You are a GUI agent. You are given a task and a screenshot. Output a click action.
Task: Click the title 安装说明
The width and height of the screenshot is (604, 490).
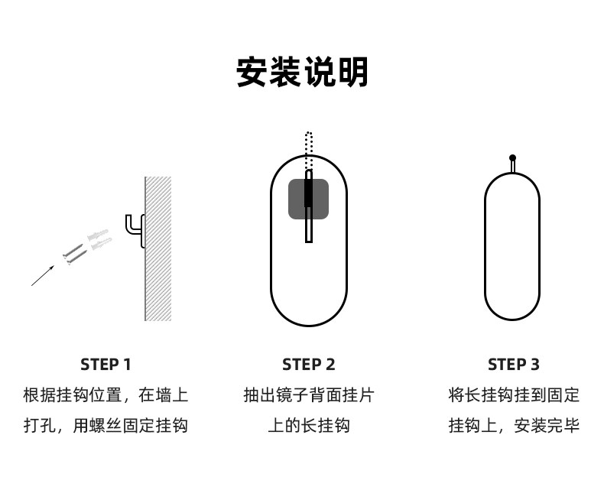(x=302, y=73)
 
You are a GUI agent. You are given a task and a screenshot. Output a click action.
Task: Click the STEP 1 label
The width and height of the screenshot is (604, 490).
(x=106, y=364)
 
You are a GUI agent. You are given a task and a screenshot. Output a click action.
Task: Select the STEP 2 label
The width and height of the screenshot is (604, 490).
(x=309, y=364)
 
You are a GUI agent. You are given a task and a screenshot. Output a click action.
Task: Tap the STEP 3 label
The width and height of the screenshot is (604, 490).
(x=514, y=364)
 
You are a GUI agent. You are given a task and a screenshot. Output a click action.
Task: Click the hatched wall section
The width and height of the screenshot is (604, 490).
(x=158, y=248)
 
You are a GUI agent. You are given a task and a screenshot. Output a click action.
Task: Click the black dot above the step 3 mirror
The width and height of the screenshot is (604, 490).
(x=512, y=158)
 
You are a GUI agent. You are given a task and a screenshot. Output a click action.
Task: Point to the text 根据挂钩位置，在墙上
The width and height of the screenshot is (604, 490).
(x=106, y=395)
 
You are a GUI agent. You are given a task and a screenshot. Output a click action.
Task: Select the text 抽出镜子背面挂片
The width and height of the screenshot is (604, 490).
(x=309, y=395)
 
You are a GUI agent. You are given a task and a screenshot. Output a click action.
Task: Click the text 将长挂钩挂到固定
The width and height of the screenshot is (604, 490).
(x=514, y=395)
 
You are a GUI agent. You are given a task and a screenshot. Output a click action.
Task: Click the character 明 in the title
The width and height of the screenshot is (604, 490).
(x=352, y=73)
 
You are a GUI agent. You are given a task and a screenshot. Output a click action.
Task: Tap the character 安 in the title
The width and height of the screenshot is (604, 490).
(x=253, y=73)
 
